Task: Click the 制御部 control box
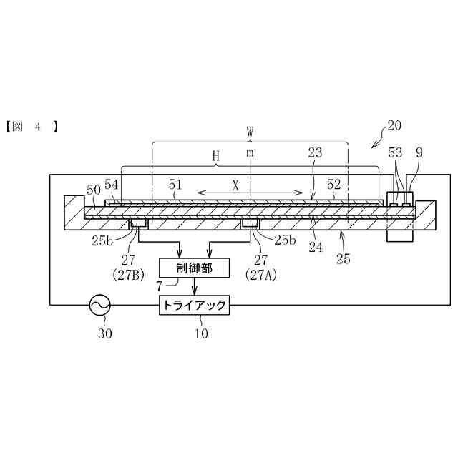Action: click(x=195, y=268)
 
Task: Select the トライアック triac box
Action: click(x=194, y=306)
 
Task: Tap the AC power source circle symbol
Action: click(x=99, y=306)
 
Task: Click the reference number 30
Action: click(x=99, y=331)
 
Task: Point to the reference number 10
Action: click(x=194, y=331)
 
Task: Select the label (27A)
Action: click(x=257, y=274)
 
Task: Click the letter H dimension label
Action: click(x=215, y=155)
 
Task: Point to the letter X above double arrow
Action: click(x=235, y=185)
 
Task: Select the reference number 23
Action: click(x=315, y=152)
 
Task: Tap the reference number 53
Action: click(x=395, y=152)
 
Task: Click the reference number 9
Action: click(x=419, y=152)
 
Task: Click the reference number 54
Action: click(x=111, y=185)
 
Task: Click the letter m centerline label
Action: click(x=250, y=152)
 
